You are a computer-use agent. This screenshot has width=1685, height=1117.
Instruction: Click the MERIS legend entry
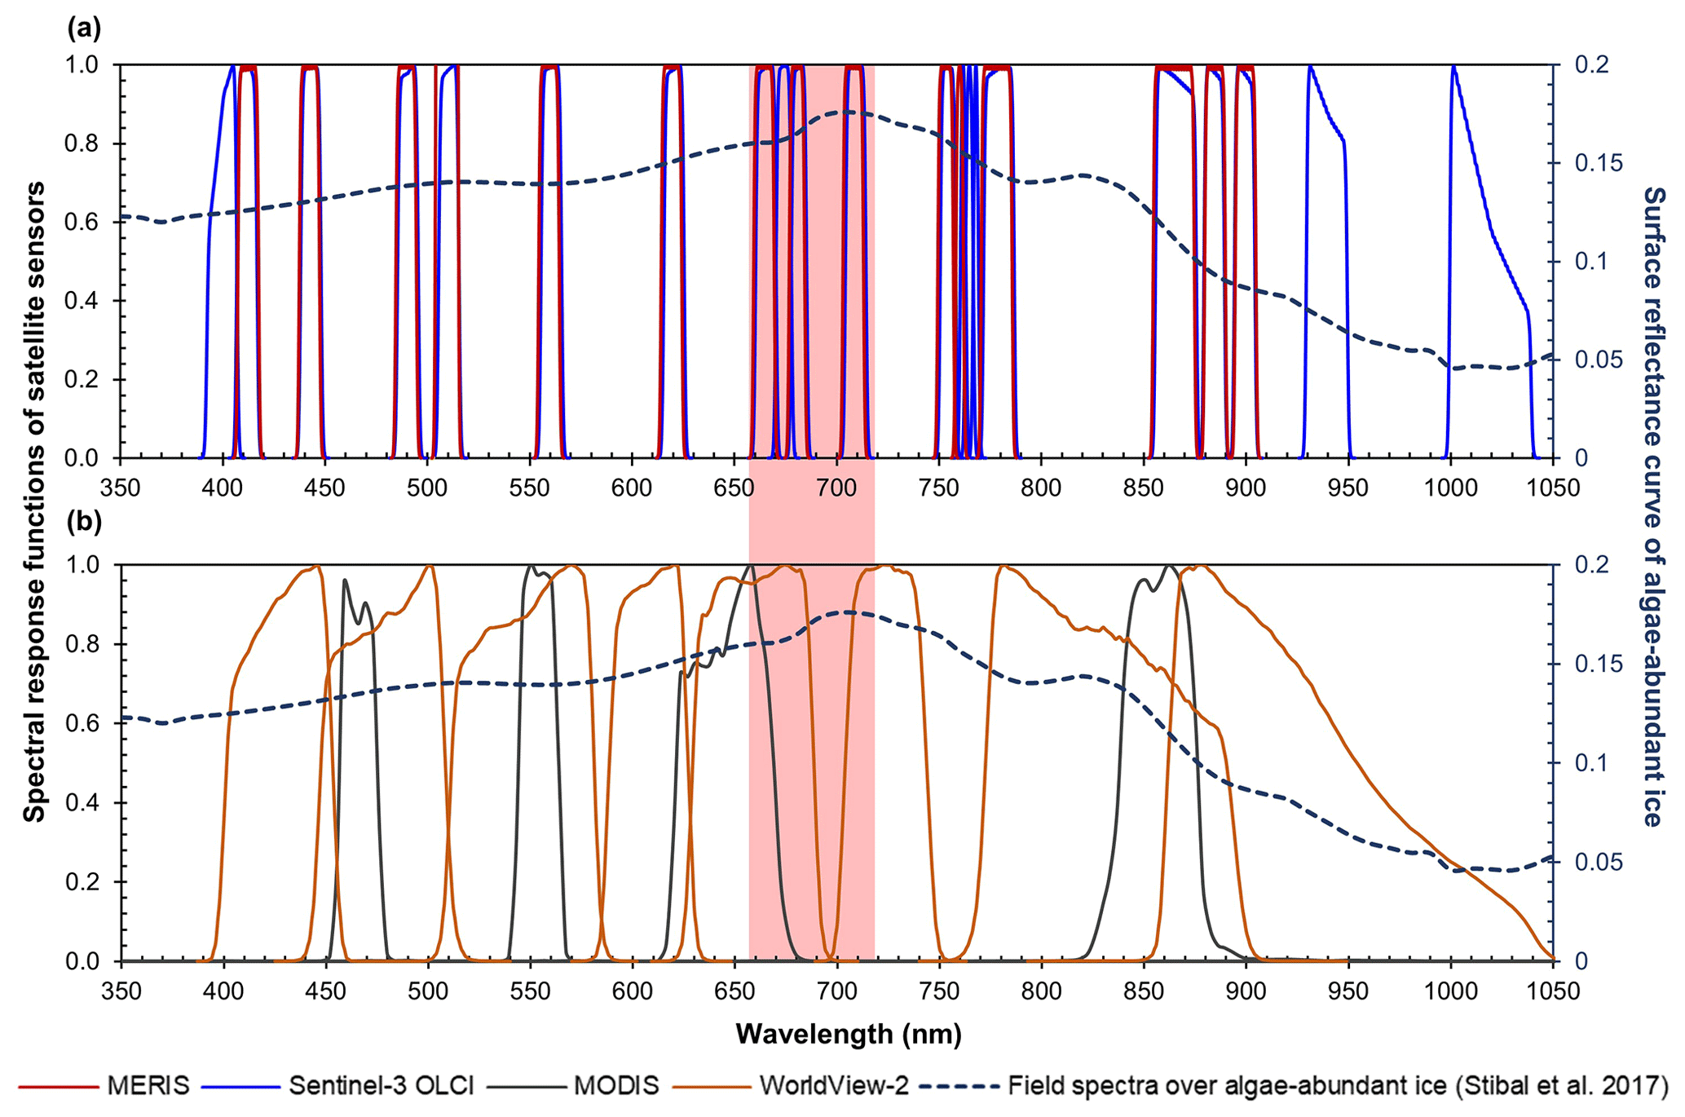[x=148, y=1085]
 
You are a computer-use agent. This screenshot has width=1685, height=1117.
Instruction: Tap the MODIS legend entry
[x=616, y=1085]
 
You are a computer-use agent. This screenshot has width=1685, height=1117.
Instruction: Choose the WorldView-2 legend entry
[x=834, y=1085]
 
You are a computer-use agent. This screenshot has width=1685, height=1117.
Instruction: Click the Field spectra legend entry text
[x=1338, y=1085]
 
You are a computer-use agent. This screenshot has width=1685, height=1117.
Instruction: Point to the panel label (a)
[x=83, y=29]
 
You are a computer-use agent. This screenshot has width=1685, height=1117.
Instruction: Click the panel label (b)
[x=83, y=522]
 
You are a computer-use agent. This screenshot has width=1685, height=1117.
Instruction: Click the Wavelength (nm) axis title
[x=849, y=1034]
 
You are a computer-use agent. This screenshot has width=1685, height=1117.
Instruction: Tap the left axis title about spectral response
[x=34, y=501]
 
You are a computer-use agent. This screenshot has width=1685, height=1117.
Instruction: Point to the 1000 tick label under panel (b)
[x=1450, y=991]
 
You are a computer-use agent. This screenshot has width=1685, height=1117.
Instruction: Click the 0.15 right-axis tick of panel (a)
[x=1587, y=163]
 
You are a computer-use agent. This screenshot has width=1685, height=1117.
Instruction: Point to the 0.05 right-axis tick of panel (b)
[x=1587, y=862]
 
